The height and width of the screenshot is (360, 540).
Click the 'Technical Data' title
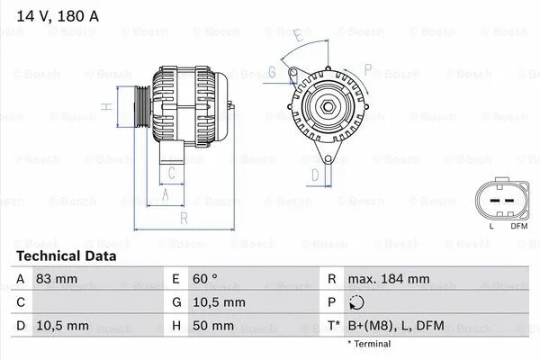pos(66,256)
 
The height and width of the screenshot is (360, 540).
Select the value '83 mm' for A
pos(57,280)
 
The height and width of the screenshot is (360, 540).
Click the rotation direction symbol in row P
pos(355,303)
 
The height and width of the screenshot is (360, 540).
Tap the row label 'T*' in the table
pos(334,326)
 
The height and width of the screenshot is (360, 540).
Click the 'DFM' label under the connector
pos(518,225)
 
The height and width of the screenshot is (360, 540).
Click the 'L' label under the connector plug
pos(490,225)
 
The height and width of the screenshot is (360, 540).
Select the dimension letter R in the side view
pos(184,218)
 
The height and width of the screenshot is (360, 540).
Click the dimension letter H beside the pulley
pos(106,107)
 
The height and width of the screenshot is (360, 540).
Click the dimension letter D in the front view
pos(314,174)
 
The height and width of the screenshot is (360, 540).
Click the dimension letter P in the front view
pos(367,68)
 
